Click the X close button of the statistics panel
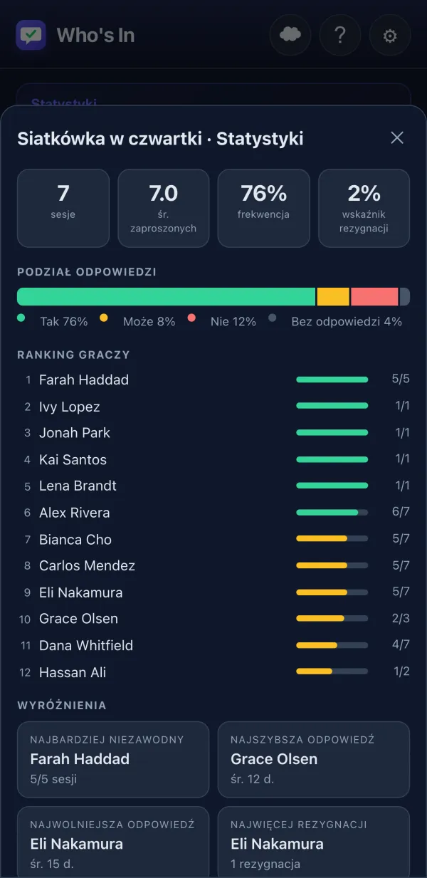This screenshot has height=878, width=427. (x=397, y=137)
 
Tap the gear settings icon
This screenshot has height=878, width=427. (x=390, y=36)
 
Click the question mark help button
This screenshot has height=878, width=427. (x=340, y=36)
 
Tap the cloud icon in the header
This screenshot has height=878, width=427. (x=290, y=36)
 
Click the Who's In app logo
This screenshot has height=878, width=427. (x=31, y=35)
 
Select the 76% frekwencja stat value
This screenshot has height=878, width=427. (x=263, y=193)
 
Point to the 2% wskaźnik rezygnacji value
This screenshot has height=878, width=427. (x=364, y=193)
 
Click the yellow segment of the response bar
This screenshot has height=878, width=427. (x=333, y=297)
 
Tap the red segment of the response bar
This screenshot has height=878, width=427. (x=374, y=297)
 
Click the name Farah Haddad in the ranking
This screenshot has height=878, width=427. (x=84, y=380)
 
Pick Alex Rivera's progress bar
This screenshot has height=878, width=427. (x=332, y=512)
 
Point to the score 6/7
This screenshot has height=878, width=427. (x=401, y=511)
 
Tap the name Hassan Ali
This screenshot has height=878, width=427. (x=73, y=672)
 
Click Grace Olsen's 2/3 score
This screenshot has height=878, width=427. (x=401, y=618)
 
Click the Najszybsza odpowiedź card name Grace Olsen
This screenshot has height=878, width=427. (x=274, y=759)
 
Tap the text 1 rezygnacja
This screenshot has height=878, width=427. (x=265, y=864)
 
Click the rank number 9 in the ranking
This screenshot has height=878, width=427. (x=27, y=592)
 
